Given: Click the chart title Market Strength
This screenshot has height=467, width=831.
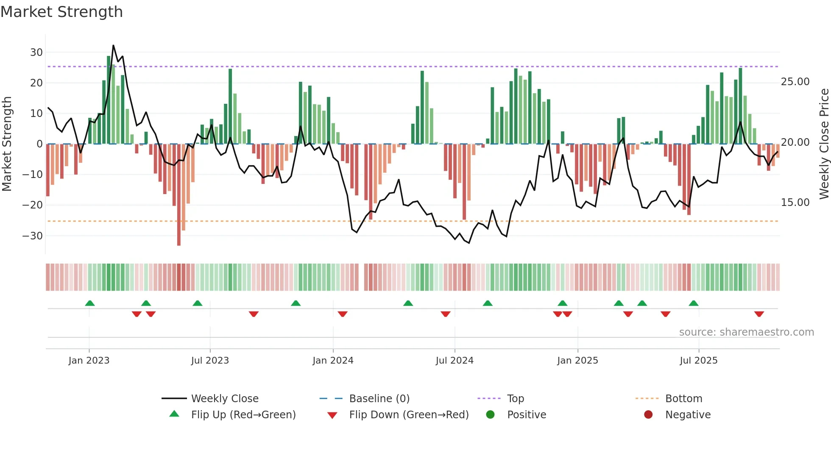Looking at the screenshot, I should (x=61, y=12).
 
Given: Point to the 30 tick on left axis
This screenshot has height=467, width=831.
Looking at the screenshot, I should (x=36, y=53).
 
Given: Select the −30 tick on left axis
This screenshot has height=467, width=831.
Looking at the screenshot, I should (x=33, y=236).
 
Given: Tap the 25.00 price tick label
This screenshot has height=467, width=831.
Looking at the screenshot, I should (x=795, y=82).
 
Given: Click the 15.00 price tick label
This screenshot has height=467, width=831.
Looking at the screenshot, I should (x=795, y=203).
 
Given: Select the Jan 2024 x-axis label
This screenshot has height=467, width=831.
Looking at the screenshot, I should (x=333, y=361).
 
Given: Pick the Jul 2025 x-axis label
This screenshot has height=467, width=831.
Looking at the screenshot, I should (x=698, y=361).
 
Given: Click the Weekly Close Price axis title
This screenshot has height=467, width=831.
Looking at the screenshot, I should (x=824, y=144).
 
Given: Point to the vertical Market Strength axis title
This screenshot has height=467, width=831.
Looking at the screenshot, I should (x=7, y=144).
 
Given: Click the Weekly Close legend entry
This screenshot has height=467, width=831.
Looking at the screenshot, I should (x=224, y=399).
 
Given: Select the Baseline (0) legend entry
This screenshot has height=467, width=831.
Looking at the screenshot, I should (x=379, y=399).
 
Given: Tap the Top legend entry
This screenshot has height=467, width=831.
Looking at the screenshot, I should (x=515, y=399).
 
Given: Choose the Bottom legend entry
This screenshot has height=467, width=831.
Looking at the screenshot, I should (x=683, y=399).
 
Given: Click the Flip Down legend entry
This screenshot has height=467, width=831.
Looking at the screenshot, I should (x=409, y=415).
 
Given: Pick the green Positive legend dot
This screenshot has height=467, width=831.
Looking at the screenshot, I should (x=491, y=415).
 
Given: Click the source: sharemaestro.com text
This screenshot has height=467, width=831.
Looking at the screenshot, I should (x=746, y=332).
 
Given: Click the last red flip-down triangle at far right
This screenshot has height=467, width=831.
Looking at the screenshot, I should (x=759, y=314).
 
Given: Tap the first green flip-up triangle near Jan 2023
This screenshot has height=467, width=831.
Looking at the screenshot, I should (x=90, y=303).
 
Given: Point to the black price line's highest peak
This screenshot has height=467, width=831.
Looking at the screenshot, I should (x=113, y=45).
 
